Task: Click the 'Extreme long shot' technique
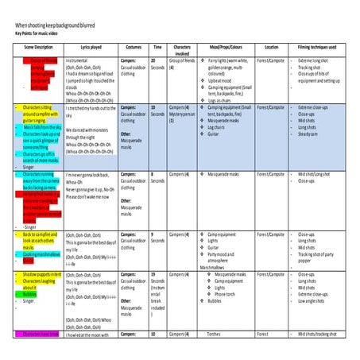pyautogui.click(x=315, y=59)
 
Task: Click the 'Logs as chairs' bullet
pyautogui.click(x=213, y=101)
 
